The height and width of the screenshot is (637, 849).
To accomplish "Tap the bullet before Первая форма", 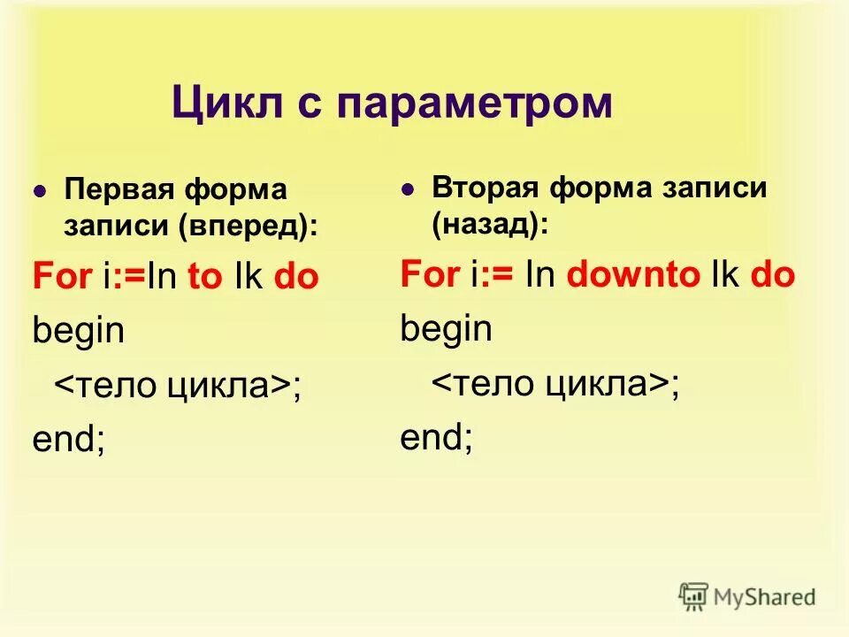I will pos(39,192).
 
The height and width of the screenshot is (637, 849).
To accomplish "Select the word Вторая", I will pos(486,188).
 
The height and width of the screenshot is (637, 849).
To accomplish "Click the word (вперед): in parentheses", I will pos(249,226).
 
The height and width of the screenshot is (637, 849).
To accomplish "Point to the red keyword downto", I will pos(633,274).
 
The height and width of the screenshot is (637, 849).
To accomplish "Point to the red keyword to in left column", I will pos(205,277).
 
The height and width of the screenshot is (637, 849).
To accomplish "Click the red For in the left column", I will pos(62,277).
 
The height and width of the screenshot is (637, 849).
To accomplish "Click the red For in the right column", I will pos(430,274).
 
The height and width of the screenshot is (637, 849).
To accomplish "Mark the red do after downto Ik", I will pos(772,274).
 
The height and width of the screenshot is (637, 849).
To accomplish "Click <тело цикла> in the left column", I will pos(173,386).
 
